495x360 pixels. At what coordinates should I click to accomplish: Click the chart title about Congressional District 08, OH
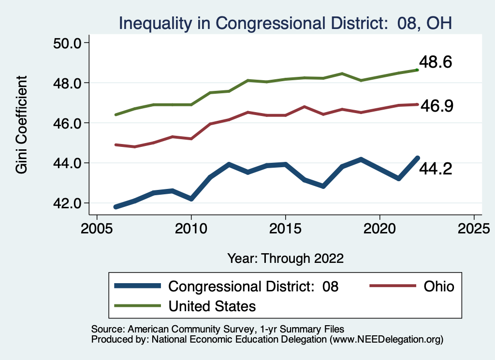click(285, 23)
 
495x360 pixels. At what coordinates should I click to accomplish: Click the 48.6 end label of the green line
click(435, 62)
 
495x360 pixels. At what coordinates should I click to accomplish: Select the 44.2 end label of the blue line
click(435, 169)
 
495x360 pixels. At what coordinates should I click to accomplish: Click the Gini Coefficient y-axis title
click(22, 125)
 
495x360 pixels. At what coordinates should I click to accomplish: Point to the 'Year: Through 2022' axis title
click(285, 258)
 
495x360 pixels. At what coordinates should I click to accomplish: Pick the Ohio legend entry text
click(439, 286)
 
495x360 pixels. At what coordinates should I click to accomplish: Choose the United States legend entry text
click(212, 306)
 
